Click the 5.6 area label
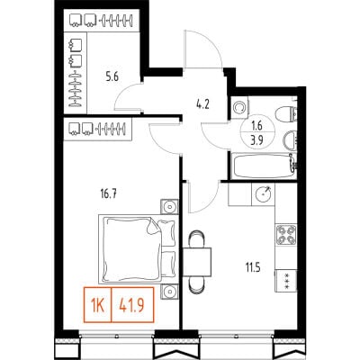coord(112,77)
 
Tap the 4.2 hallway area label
coord(202,104)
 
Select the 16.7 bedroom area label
coord(108,194)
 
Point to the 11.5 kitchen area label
coord(252,267)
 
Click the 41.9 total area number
coord(132,305)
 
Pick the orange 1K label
coord(97,305)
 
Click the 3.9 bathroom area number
coord(257,140)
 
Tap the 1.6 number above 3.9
coord(257,126)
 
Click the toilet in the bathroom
coord(285,114)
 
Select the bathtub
coord(263,166)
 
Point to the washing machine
coord(239,107)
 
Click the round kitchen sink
coord(264,194)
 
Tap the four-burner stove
coord(286,234)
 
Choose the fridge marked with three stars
coord(286,281)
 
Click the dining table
coord(197,262)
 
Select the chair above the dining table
coord(197,239)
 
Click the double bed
coord(139,248)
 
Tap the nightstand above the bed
coord(169,207)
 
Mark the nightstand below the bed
coord(169,292)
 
